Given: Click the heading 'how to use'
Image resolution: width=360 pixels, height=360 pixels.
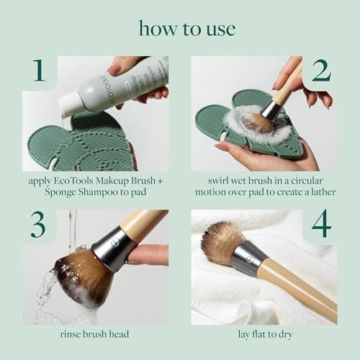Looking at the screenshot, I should (x=186, y=29).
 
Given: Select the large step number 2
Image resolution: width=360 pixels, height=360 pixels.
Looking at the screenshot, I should (x=320, y=71).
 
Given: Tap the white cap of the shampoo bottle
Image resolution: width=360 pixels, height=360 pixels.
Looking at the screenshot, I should (x=71, y=107).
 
